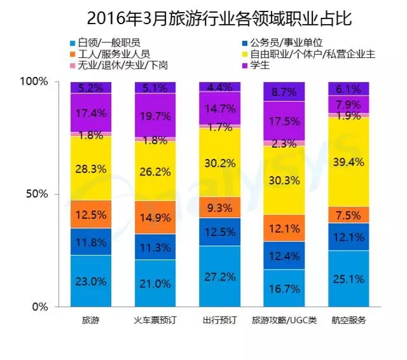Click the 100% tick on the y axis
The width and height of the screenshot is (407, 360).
34,82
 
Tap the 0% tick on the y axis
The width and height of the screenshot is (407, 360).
39,307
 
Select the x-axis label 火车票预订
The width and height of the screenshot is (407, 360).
155,319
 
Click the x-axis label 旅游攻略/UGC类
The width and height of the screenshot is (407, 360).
283,319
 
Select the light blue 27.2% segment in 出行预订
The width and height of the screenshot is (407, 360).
219,276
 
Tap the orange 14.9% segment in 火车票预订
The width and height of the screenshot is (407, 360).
155,218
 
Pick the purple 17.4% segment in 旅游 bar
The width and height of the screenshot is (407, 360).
90,113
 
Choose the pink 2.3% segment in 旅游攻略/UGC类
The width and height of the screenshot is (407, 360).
283,144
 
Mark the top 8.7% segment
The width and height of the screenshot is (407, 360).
283,92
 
